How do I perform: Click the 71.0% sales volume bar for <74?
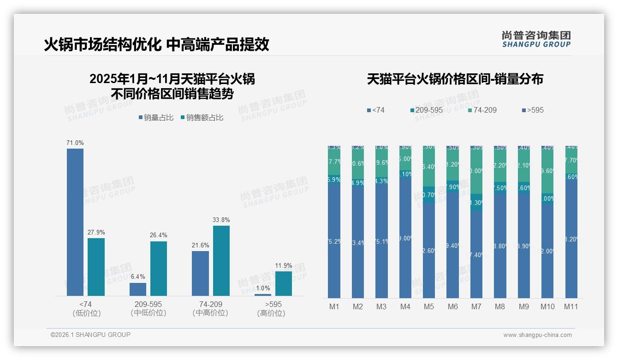75,222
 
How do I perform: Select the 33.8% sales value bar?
221,261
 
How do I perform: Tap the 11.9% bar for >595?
284,283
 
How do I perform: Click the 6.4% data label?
137,276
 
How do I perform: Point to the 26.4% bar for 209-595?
159,269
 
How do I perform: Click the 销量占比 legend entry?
156,118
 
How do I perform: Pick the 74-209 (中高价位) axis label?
210,309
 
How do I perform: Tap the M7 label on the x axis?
476,306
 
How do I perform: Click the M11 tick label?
571,306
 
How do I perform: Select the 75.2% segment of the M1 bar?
334,241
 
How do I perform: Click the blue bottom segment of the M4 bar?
405,238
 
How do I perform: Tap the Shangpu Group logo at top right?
536,39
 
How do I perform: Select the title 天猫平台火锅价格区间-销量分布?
455,79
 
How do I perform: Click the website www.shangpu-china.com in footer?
537,335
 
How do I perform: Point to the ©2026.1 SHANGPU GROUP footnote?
90,335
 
